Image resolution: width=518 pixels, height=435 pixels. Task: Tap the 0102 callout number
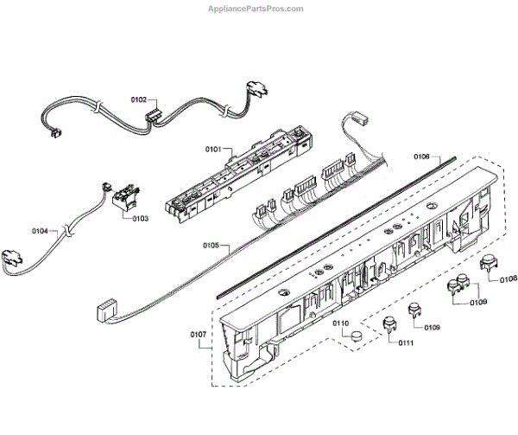pyautogui.click(x=139, y=99)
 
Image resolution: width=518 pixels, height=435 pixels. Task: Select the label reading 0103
pyautogui.click(x=140, y=218)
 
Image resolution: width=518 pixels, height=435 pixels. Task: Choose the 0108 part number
pyautogui.click(x=509, y=278)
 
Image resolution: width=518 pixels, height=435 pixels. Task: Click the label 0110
pyautogui.click(x=342, y=323)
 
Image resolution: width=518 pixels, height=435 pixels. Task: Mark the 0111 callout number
pyautogui.click(x=406, y=343)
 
